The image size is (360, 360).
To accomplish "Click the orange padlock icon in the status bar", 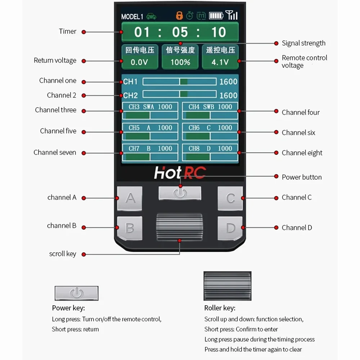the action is tap(179, 15).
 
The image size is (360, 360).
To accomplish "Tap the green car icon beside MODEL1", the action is tap(151, 16).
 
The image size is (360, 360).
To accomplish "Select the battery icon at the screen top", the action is tap(216, 15).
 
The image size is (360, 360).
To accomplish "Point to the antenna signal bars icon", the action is tap(231, 15).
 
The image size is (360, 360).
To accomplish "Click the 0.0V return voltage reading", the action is tap(139, 62).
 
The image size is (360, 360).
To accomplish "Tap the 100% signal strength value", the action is tap(180, 62).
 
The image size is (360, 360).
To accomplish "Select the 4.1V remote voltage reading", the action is tap(220, 62).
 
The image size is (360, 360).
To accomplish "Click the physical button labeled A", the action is tap(130, 198).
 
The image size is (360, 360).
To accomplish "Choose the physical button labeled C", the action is tap(230, 198).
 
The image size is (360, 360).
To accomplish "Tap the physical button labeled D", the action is tap(230, 228).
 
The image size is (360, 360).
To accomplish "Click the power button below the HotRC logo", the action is tap(180, 193).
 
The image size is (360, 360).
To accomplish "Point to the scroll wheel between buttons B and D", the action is tap(180, 227).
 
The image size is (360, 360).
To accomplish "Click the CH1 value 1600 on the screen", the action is tap(228, 81).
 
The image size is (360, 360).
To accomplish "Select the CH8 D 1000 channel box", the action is tap(210, 152).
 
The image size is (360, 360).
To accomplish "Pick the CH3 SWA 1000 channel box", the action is tap(150, 111).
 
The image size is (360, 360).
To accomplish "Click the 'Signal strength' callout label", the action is tap(303, 43).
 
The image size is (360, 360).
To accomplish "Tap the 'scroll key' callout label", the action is tap(62, 254).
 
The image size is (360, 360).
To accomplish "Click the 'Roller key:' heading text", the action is tap(220, 308).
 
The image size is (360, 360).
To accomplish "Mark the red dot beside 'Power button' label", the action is tap(276, 176).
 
